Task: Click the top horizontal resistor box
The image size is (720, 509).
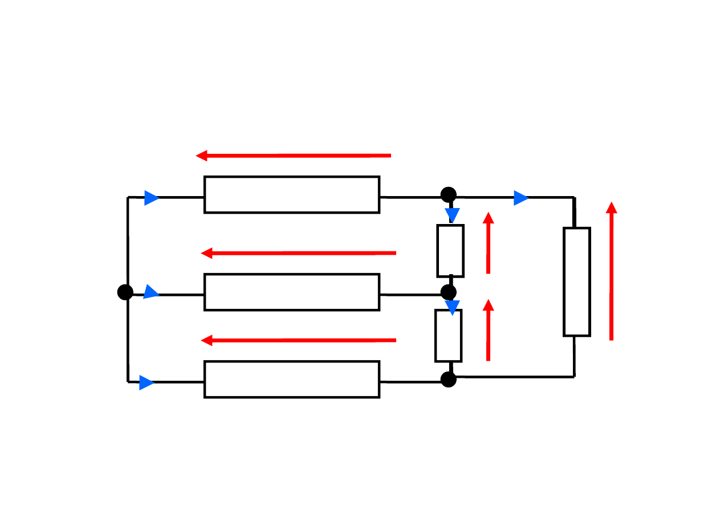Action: tap(291, 195)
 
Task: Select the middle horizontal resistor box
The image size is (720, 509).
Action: tap(291, 292)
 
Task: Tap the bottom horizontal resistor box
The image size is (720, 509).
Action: tap(291, 380)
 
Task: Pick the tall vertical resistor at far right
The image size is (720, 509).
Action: tap(576, 282)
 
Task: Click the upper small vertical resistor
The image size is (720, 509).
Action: tap(450, 251)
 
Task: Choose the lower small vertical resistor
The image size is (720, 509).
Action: tap(448, 336)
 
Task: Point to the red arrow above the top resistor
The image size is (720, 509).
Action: tap(293, 156)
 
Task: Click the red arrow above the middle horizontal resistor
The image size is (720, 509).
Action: tap(298, 253)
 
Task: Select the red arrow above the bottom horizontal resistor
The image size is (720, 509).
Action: tap(298, 340)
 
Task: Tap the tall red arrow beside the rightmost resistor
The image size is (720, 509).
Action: tap(611, 271)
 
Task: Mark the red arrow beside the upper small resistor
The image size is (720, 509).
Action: tap(488, 243)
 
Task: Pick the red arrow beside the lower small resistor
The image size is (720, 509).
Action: tap(488, 330)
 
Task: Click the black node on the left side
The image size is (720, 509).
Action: tap(125, 292)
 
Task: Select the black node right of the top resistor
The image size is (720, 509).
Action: tap(449, 194)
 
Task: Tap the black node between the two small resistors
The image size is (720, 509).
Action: tap(449, 292)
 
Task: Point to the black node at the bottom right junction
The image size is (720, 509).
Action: tap(449, 379)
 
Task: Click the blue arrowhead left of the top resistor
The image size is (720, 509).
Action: tap(152, 198)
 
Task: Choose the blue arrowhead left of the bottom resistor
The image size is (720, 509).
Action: tap(147, 382)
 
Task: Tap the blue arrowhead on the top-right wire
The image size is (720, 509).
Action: tap(521, 198)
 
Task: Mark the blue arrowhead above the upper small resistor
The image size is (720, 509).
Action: tap(452, 215)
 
